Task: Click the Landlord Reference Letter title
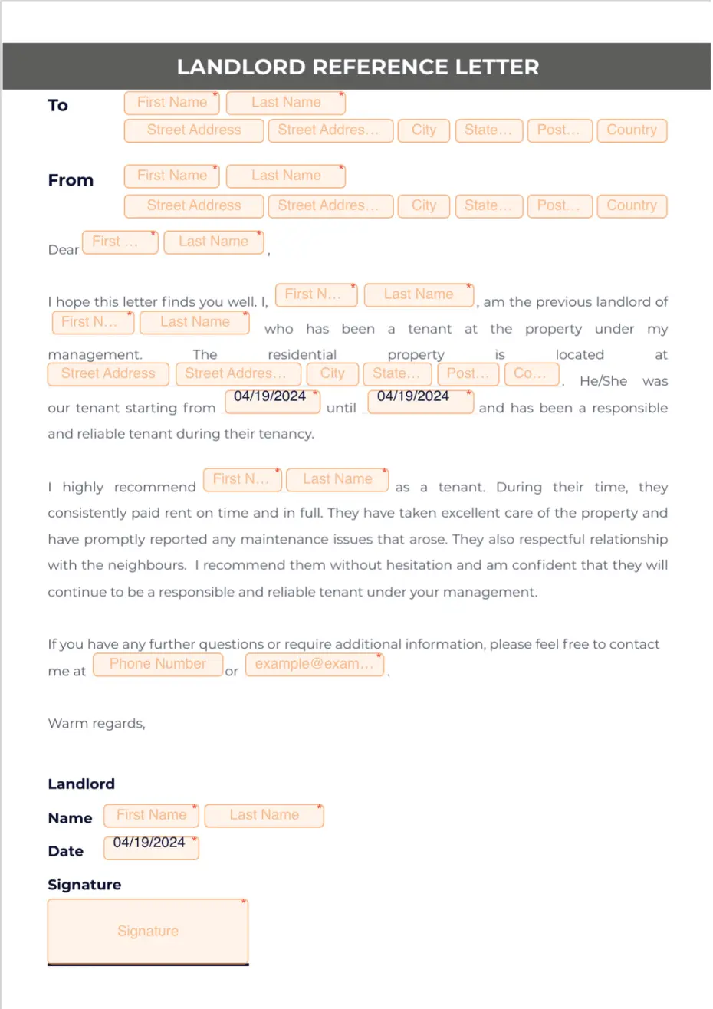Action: pos(357,67)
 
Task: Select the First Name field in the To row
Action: pos(172,103)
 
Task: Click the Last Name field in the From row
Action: pos(286,176)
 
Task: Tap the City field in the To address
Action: pos(423,130)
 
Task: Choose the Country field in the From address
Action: pos(632,205)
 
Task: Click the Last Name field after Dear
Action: pos(214,242)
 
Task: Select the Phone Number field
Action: pos(158,664)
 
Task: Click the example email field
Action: pos(314,664)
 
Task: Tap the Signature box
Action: pos(148,931)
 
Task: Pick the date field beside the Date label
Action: pos(151,846)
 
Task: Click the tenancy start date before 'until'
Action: pos(272,401)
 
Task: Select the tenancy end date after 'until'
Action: pos(420,401)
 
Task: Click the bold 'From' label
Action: pos(71,180)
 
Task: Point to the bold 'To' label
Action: pos(58,105)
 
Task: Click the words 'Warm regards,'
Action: pos(97,723)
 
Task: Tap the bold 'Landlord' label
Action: pos(81,784)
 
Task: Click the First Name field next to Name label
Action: pos(152,815)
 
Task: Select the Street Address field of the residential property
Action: pos(108,374)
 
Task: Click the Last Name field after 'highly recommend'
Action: pos(337,479)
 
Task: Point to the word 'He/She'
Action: pos(603,381)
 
